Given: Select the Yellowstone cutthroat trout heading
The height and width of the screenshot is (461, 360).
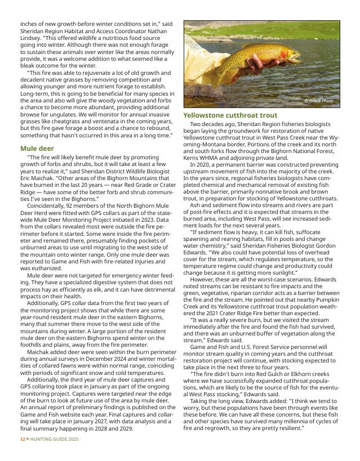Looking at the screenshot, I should coord(230,115).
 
